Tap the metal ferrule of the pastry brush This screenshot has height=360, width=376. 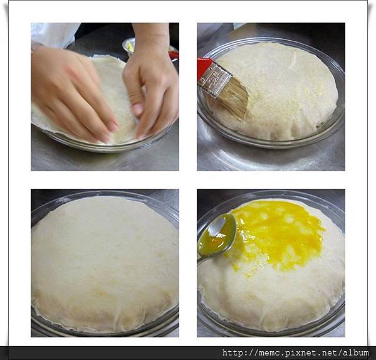click(215, 78)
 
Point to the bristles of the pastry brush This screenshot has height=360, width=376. click(233, 97)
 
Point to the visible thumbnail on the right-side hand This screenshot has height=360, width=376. click(137, 109)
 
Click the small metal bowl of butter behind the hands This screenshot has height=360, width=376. click(129, 46)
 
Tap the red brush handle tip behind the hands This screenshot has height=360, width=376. click(174, 54)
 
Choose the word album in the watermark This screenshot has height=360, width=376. click(355, 353)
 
